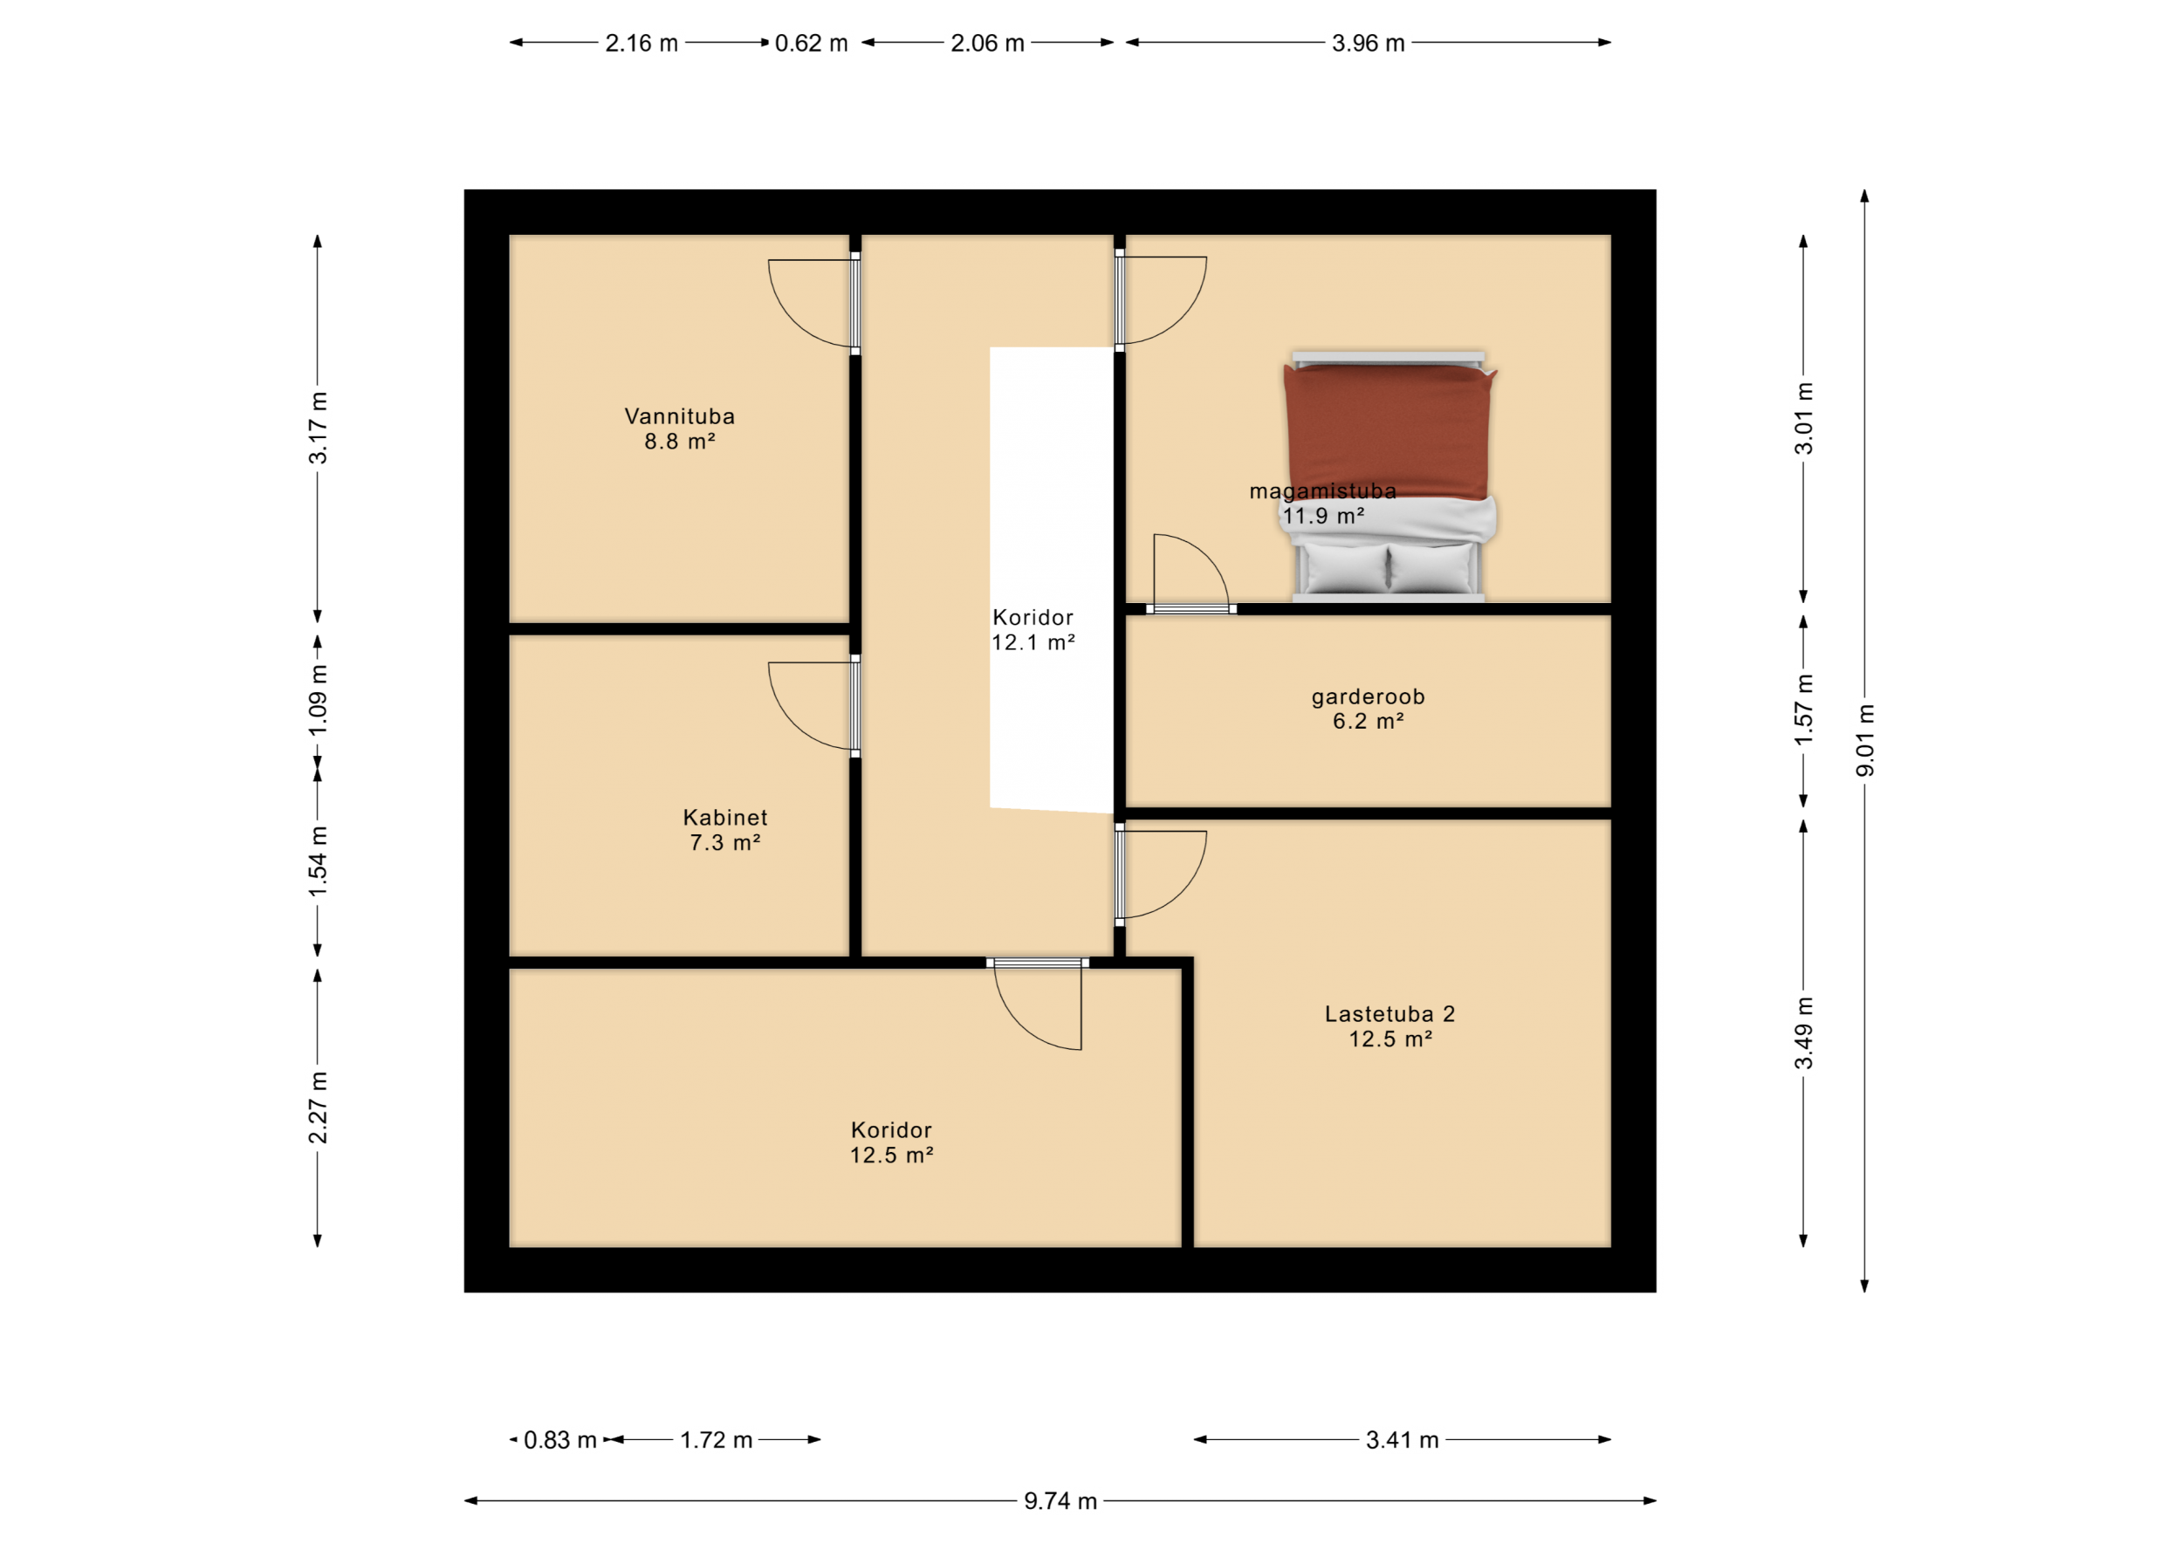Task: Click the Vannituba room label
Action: [680, 416]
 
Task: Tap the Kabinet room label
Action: [725, 817]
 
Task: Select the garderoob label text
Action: [1369, 697]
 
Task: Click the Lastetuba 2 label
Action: [1390, 1014]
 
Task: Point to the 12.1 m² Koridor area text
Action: [1033, 642]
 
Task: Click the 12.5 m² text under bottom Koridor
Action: [891, 1155]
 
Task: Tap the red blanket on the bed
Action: [1389, 432]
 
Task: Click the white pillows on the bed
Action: [1389, 567]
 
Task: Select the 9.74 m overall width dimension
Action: [1060, 1500]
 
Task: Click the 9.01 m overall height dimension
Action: [1865, 740]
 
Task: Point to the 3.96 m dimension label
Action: [1369, 43]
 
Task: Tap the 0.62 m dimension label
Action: [812, 43]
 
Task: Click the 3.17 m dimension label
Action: [319, 428]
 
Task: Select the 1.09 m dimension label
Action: [319, 700]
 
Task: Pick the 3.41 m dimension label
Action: [1403, 1439]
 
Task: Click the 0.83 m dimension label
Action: [560, 1439]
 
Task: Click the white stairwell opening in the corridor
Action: [1051, 579]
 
